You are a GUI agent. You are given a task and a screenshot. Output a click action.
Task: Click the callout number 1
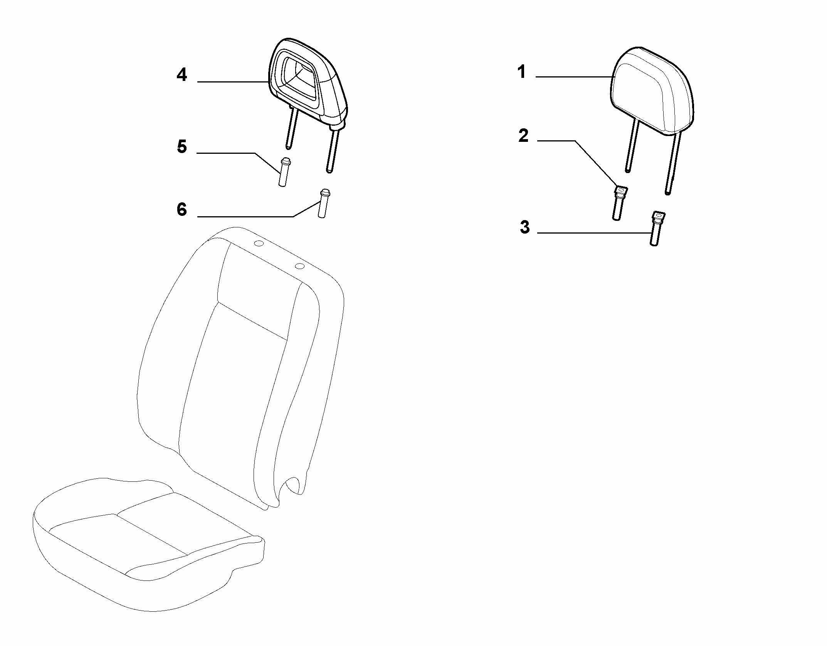pos(522,72)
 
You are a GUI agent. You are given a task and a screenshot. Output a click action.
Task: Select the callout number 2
pos(523,136)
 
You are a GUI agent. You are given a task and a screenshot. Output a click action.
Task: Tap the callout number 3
pos(524,227)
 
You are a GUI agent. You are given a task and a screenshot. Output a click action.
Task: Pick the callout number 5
pos(182,147)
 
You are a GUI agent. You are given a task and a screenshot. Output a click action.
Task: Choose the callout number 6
pos(182,210)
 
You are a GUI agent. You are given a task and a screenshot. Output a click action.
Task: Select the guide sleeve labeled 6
pos(323,204)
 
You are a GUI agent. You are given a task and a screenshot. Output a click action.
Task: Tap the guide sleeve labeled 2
pos(619,203)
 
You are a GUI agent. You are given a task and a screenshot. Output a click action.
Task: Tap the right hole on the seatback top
pos(299,266)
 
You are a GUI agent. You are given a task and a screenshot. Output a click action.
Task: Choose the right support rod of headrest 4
pos(333,151)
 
